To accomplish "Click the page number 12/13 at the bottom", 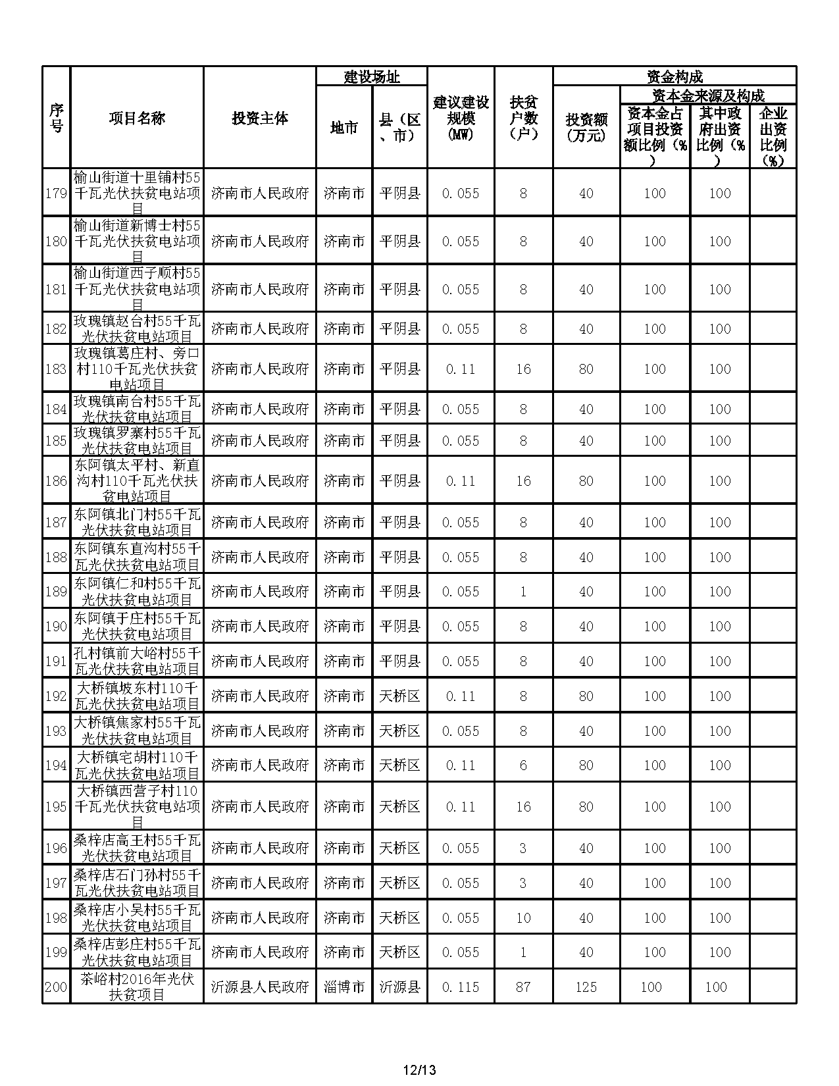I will [419, 1070].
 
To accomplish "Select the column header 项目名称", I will [137, 118].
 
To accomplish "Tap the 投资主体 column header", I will [260, 118].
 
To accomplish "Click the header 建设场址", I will [372, 76].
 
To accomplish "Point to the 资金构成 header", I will [674, 76].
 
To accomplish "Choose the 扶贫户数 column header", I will [523, 118].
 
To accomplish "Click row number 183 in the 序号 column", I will [56, 369].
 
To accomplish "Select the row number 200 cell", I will [56, 987].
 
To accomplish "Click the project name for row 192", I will [137, 696].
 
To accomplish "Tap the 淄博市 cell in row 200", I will [344, 987].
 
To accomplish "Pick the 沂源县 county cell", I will [399, 987].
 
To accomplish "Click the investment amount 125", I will [586, 987].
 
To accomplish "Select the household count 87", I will [523, 987].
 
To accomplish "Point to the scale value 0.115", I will [461, 987].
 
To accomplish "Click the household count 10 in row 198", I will [523, 918].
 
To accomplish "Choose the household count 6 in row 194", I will [523, 765].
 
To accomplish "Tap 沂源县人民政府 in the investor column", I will [260, 987].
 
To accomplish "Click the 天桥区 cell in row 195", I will [399, 806].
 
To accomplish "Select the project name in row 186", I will [137, 480].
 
